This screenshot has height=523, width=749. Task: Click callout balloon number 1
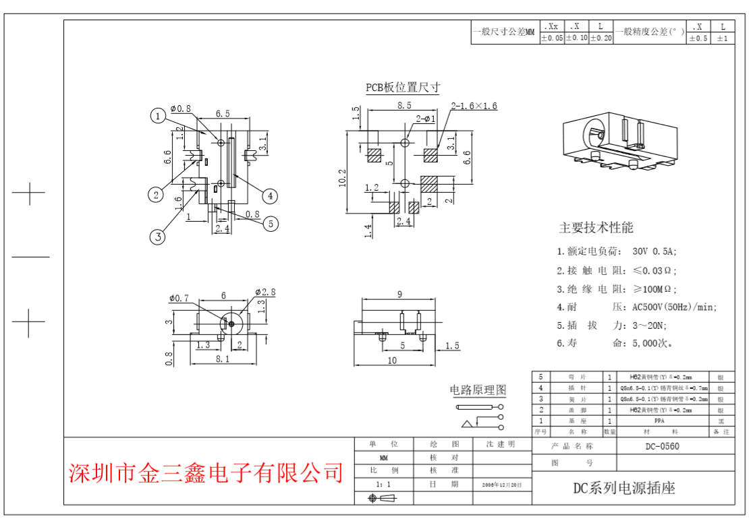[x=157, y=117]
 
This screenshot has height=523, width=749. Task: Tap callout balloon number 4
[x=269, y=195]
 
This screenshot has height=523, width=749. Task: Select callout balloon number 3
[x=157, y=237]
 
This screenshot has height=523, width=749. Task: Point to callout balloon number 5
[x=271, y=224]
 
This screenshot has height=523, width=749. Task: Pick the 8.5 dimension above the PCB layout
[x=404, y=106]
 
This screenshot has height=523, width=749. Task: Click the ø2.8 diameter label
[x=265, y=292]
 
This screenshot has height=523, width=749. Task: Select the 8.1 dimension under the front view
[x=222, y=359]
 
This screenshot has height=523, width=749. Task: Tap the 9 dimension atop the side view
[x=399, y=294]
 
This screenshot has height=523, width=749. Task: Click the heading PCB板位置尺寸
[x=403, y=88]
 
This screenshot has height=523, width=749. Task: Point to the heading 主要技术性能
[x=596, y=228]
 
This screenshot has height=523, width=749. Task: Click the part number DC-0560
[x=662, y=446]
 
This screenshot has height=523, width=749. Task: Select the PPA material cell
[x=659, y=421]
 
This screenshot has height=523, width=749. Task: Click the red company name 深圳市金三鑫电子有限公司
[x=206, y=473]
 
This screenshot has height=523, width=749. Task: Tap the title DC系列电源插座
[x=623, y=489]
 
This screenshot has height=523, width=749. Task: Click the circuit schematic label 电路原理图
[x=478, y=390]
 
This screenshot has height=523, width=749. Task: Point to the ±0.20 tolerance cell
[x=601, y=38]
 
